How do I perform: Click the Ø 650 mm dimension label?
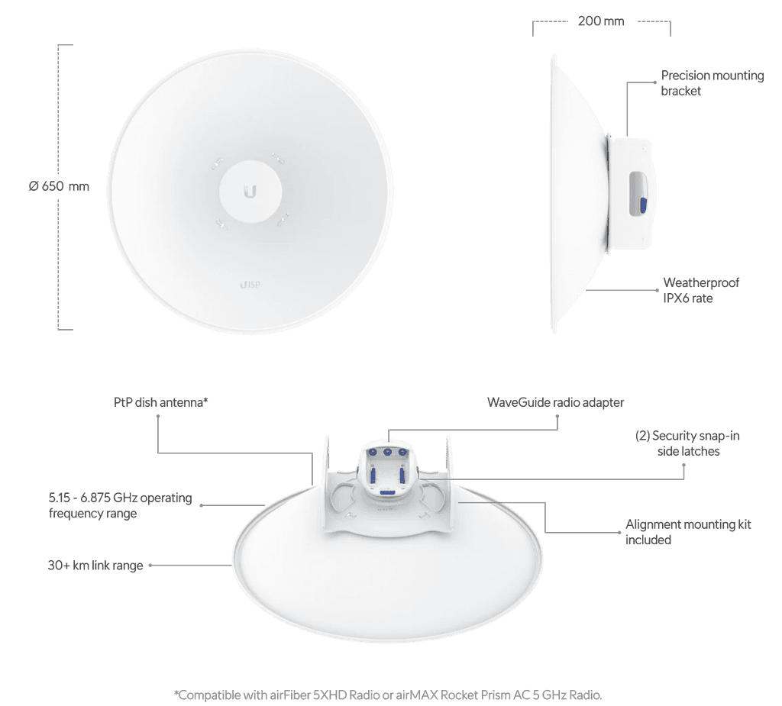(x=59, y=186)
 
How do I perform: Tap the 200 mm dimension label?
(x=601, y=21)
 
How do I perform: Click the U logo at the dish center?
(x=250, y=192)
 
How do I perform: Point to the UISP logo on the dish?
(x=250, y=285)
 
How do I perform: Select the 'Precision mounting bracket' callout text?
(x=713, y=82)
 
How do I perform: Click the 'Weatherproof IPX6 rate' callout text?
(x=701, y=290)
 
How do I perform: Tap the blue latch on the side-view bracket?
(x=643, y=205)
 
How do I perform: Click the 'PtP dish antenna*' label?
(x=160, y=402)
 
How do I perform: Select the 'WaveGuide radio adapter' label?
(x=555, y=402)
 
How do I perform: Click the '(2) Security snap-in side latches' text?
(x=687, y=443)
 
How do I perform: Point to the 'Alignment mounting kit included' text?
(x=688, y=531)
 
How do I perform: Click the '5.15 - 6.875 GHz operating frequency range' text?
(x=120, y=505)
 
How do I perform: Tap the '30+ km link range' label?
(x=95, y=565)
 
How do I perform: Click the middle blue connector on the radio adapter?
(x=387, y=452)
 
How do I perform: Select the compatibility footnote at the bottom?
(x=388, y=695)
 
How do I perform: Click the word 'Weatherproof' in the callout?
(x=701, y=282)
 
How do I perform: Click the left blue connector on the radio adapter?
(x=372, y=452)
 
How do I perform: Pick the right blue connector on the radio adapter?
(x=402, y=452)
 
